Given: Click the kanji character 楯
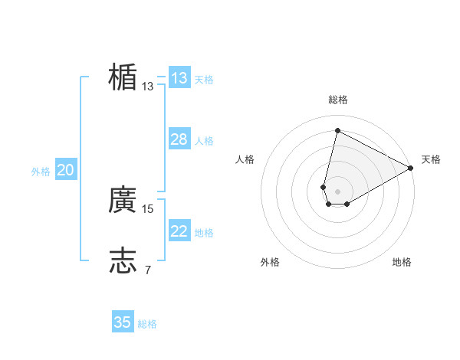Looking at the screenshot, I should click(123, 77).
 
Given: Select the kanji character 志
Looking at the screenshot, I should click(123, 260).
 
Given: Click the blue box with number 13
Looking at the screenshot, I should click(179, 78).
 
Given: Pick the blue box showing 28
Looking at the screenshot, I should click(179, 139).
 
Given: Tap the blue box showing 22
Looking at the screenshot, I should click(179, 231).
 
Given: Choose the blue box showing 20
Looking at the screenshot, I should click(65, 170).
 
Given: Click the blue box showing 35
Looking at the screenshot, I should click(123, 322).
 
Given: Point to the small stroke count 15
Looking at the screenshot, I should click(148, 208).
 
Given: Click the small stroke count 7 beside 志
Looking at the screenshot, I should click(147, 269).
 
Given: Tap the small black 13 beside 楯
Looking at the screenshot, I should click(148, 87).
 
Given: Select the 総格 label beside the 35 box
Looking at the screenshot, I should click(147, 324).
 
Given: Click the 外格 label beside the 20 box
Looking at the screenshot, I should click(41, 172).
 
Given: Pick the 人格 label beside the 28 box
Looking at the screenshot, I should click(204, 141).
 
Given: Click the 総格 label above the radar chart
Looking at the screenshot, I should click(337, 100).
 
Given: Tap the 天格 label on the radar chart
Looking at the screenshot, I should click(431, 159).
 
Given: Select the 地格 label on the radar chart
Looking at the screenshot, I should click(402, 262).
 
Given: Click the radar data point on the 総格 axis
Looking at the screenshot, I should click(337, 129).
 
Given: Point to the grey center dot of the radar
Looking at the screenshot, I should click(337, 191).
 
